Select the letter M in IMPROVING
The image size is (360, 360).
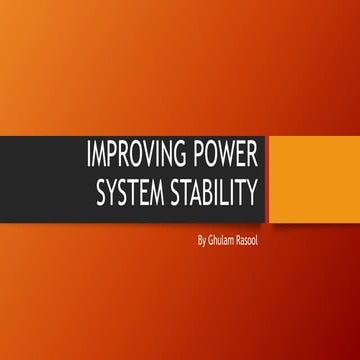tap(102, 157)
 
